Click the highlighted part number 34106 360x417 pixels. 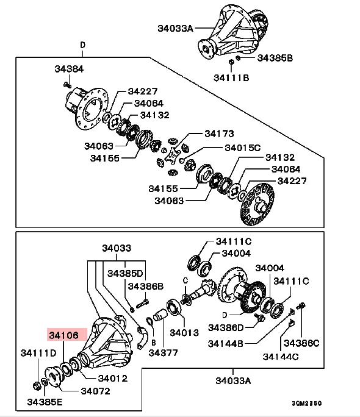click(x=64, y=335)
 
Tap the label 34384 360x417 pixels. click(x=69, y=69)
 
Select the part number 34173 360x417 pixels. click(x=219, y=134)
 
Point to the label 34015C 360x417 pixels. click(x=243, y=148)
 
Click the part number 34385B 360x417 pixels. click(x=275, y=58)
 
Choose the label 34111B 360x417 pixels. click(x=231, y=77)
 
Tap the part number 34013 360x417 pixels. click(x=184, y=332)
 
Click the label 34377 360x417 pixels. click(x=163, y=352)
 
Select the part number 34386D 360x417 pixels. click(x=226, y=327)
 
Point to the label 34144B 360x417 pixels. click(x=226, y=343)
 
